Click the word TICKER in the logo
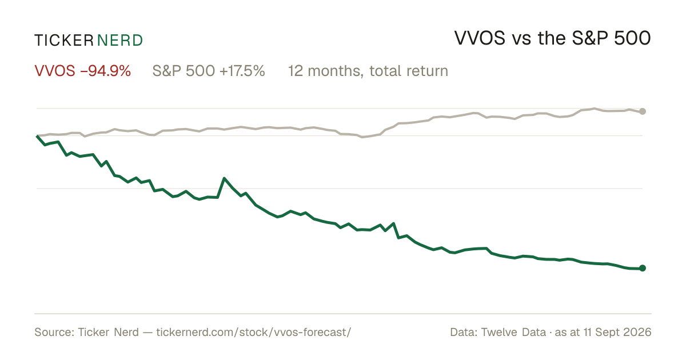tap(64, 41)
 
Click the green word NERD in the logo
tap(120, 41)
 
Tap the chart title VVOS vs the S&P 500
tap(552, 38)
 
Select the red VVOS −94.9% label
tap(83, 71)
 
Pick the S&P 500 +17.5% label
tap(209, 71)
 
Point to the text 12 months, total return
tap(368, 71)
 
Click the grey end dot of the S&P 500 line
tap(643, 111)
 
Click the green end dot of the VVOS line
tap(643, 268)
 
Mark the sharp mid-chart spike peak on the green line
tap(225, 178)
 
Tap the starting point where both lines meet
tap(37, 135)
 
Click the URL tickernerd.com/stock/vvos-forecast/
tap(254, 332)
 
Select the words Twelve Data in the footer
tap(513, 332)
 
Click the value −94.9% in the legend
tap(106, 71)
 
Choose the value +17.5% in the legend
tap(242, 71)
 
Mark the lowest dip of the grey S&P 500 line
tap(362, 137)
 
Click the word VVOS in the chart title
tap(480, 38)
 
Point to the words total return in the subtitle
tap(409, 71)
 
